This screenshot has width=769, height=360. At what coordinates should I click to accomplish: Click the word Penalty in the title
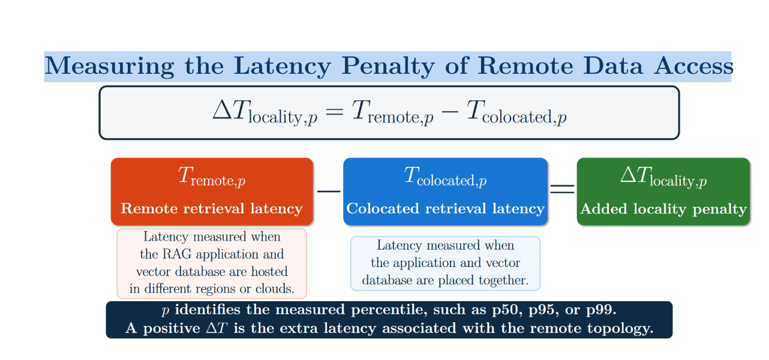(x=388, y=67)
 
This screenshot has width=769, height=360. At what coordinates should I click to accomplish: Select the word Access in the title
(x=693, y=65)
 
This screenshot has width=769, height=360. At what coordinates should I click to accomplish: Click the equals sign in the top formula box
(x=334, y=111)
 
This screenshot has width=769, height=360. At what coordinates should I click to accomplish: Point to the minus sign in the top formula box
(x=449, y=111)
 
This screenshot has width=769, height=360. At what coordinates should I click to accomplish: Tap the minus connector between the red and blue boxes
(x=329, y=191)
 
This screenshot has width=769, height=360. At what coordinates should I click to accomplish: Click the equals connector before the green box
(x=562, y=189)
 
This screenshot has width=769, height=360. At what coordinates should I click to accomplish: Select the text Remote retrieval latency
(x=212, y=209)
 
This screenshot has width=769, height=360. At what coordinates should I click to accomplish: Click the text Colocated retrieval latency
(x=445, y=209)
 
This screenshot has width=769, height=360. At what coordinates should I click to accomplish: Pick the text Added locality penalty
(x=663, y=209)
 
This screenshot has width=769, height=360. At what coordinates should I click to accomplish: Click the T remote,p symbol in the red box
(x=212, y=176)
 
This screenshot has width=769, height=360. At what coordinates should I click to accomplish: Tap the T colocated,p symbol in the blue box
(x=445, y=176)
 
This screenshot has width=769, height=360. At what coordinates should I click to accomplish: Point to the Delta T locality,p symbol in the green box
(x=663, y=177)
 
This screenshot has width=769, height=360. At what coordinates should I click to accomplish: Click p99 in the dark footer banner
(x=601, y=310)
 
